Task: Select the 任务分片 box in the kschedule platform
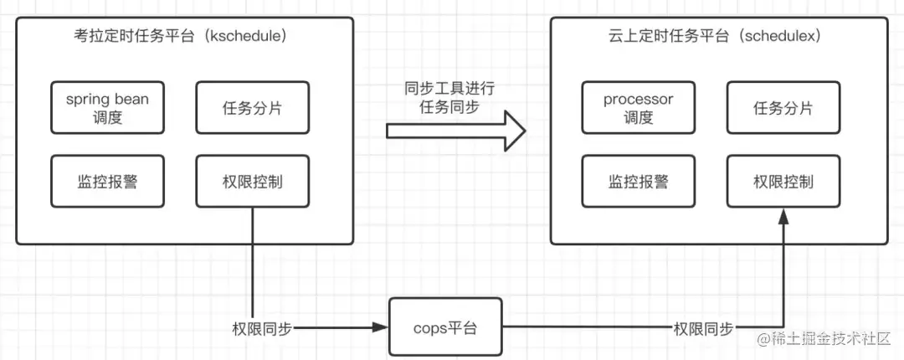point(251,108)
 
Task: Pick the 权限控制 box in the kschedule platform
point(251,181)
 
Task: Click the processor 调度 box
point(638,108)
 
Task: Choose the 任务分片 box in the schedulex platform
point(783,108)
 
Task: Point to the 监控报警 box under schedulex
point(638,181)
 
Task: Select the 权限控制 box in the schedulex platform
point(783,181)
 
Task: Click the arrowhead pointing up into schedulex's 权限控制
point(783,215)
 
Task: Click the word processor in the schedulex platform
point(638,100)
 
